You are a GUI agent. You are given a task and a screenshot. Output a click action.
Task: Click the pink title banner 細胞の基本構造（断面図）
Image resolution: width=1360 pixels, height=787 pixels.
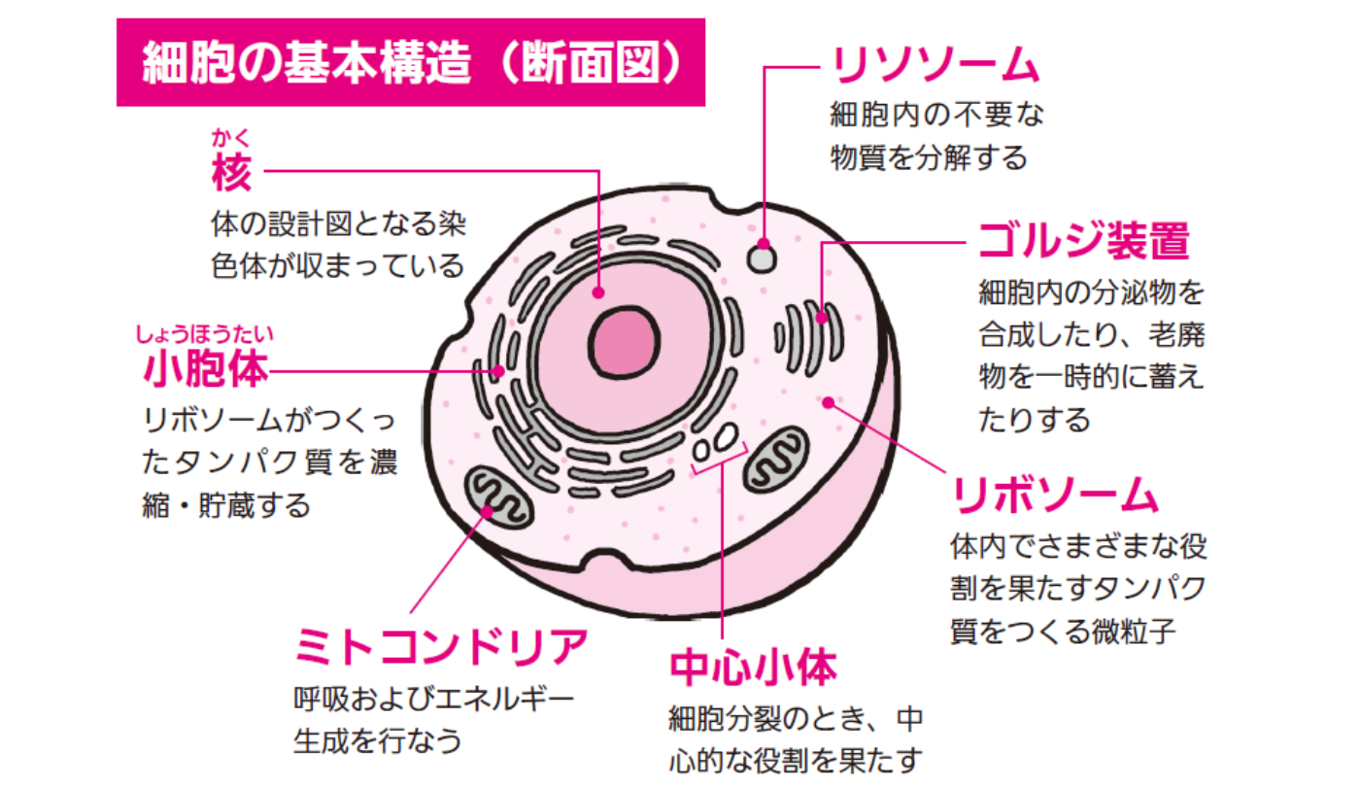pyautogui.click(x=409, y=62)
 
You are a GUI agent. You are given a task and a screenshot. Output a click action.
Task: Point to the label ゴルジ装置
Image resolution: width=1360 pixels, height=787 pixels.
pyautogui.click(x=1083, y=240)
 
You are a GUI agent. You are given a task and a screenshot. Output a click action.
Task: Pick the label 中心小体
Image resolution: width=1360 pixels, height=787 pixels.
pyautogui.click(x=753, y=667)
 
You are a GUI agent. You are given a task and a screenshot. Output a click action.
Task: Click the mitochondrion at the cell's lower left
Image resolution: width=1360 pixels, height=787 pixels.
pyautogui.click(x=497, y=498)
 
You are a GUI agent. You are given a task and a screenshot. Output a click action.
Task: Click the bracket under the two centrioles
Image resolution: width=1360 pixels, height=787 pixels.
pyautogui.click(x=720, y=469)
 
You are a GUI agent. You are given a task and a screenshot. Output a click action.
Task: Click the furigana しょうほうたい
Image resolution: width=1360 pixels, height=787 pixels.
pyautogui.click(x=205, y=336)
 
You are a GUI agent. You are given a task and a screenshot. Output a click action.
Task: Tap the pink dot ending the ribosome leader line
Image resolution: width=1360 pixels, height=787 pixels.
pyautogui.click(x=828, y=402)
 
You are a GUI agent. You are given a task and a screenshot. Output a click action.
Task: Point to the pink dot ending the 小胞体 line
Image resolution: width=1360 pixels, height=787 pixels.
pyautogui.click(x=500, y=370)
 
